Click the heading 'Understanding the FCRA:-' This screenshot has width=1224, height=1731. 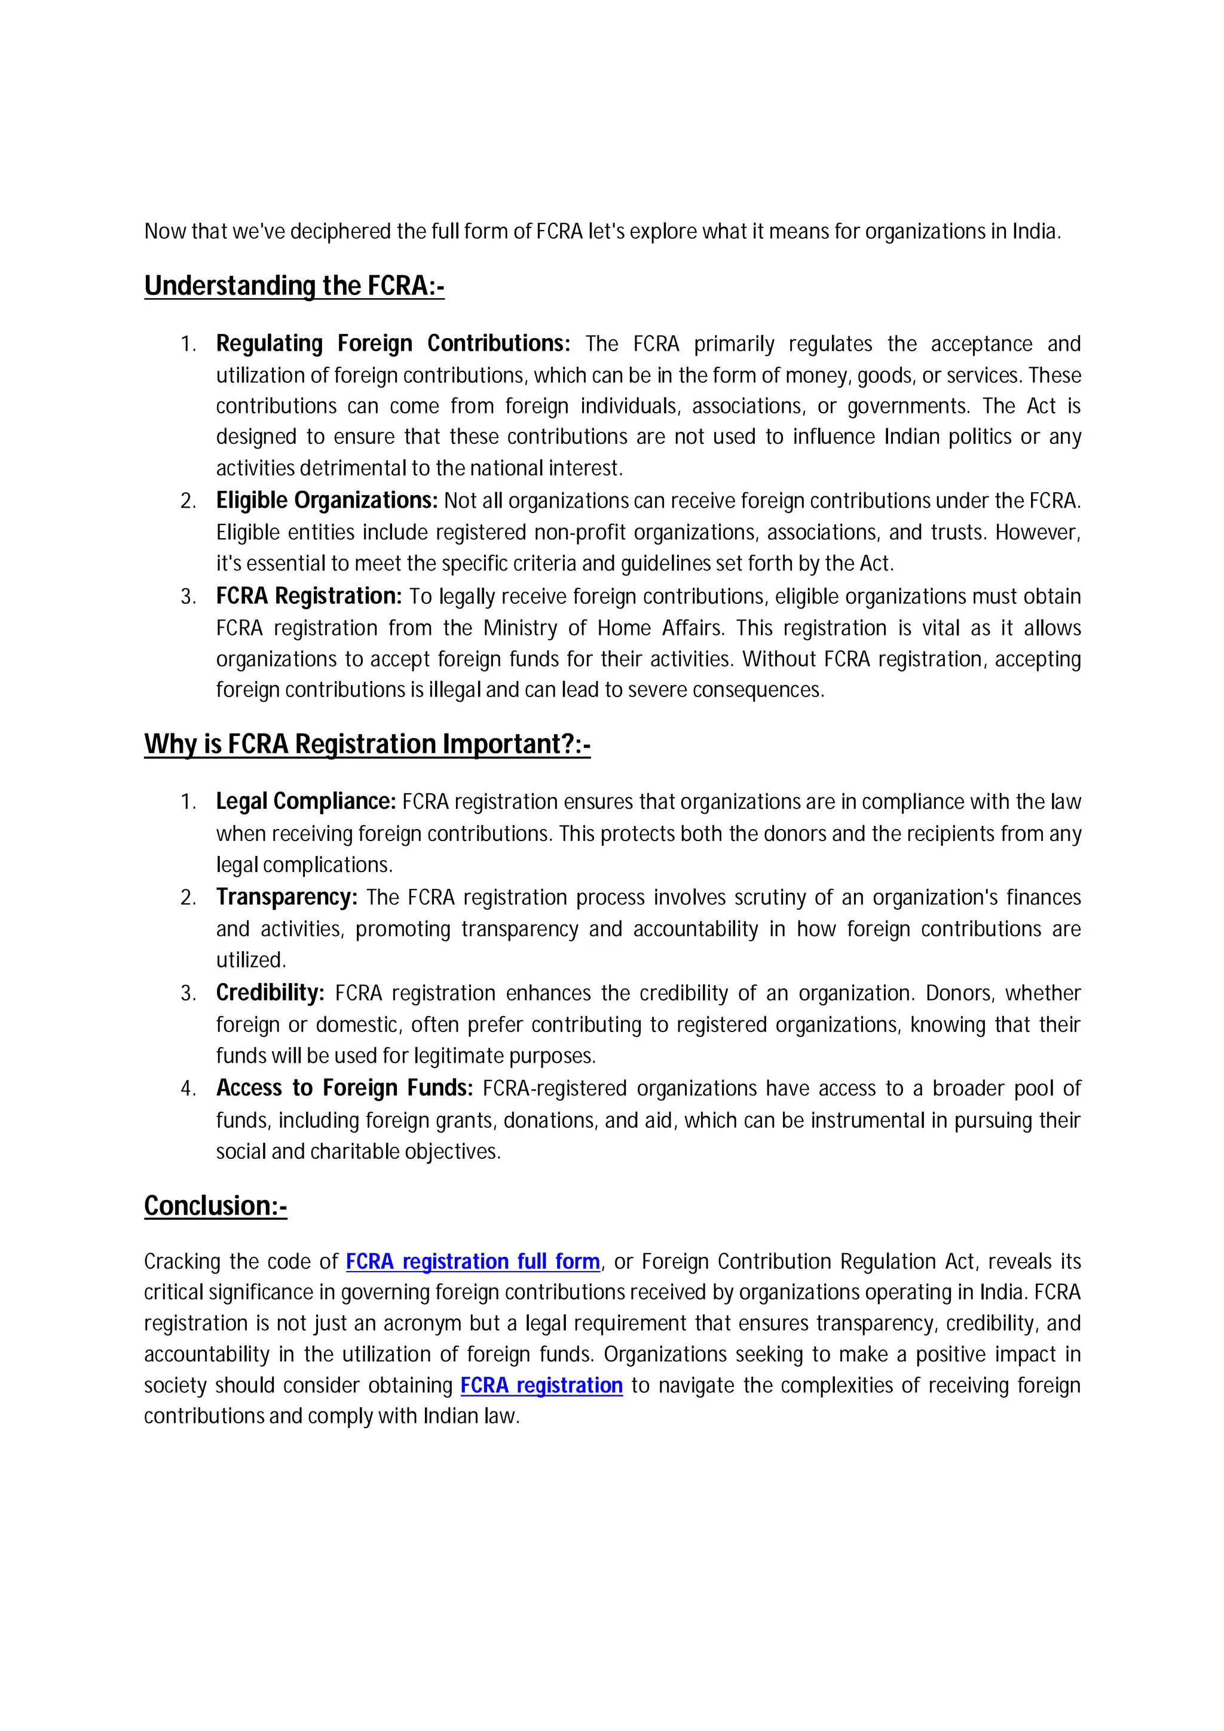[294, 286]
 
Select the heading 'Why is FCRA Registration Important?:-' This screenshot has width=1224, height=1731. [368, 744]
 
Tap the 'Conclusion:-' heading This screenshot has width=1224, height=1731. [216, 1205]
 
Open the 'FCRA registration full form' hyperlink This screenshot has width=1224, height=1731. [473, 1262]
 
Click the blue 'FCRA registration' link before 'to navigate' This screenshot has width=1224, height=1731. [541, 1385]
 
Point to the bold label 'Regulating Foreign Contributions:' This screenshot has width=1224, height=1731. [393, 344]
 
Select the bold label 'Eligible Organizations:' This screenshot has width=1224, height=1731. [326, 501]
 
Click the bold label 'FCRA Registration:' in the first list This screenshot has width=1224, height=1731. [309, 596]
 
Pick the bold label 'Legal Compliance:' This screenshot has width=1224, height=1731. [306, 802]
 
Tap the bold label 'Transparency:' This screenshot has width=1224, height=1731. [287, 897]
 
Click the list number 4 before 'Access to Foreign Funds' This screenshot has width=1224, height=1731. [187, 1089]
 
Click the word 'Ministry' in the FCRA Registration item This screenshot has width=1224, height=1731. [519, 628]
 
